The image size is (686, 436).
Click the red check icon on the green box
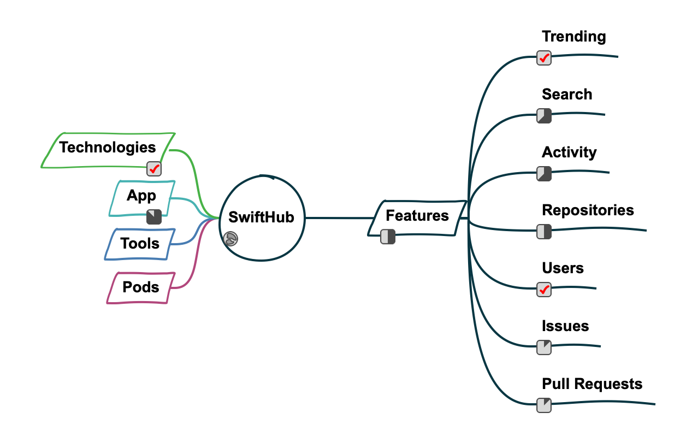[154, 169]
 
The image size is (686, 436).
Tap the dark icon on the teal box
[154, 217]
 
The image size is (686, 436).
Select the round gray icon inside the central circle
[230, 239]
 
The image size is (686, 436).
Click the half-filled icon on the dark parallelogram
[388, 237]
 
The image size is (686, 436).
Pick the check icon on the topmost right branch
[544, 58]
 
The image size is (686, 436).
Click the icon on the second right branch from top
[544, 116]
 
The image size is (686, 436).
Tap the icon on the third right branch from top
[544, 174]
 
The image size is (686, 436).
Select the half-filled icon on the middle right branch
[544, 232]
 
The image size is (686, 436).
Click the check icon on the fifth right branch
[544, 290]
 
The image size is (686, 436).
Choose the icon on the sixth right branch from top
[544, 347]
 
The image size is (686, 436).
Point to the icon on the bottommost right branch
[544, 405]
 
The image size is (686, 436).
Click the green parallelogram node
[108, 150]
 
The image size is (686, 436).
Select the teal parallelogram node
[142, 198]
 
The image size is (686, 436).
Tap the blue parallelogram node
[140, 244]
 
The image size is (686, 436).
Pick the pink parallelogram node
[141, 287]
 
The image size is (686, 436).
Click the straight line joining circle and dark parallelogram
[339, 218]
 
